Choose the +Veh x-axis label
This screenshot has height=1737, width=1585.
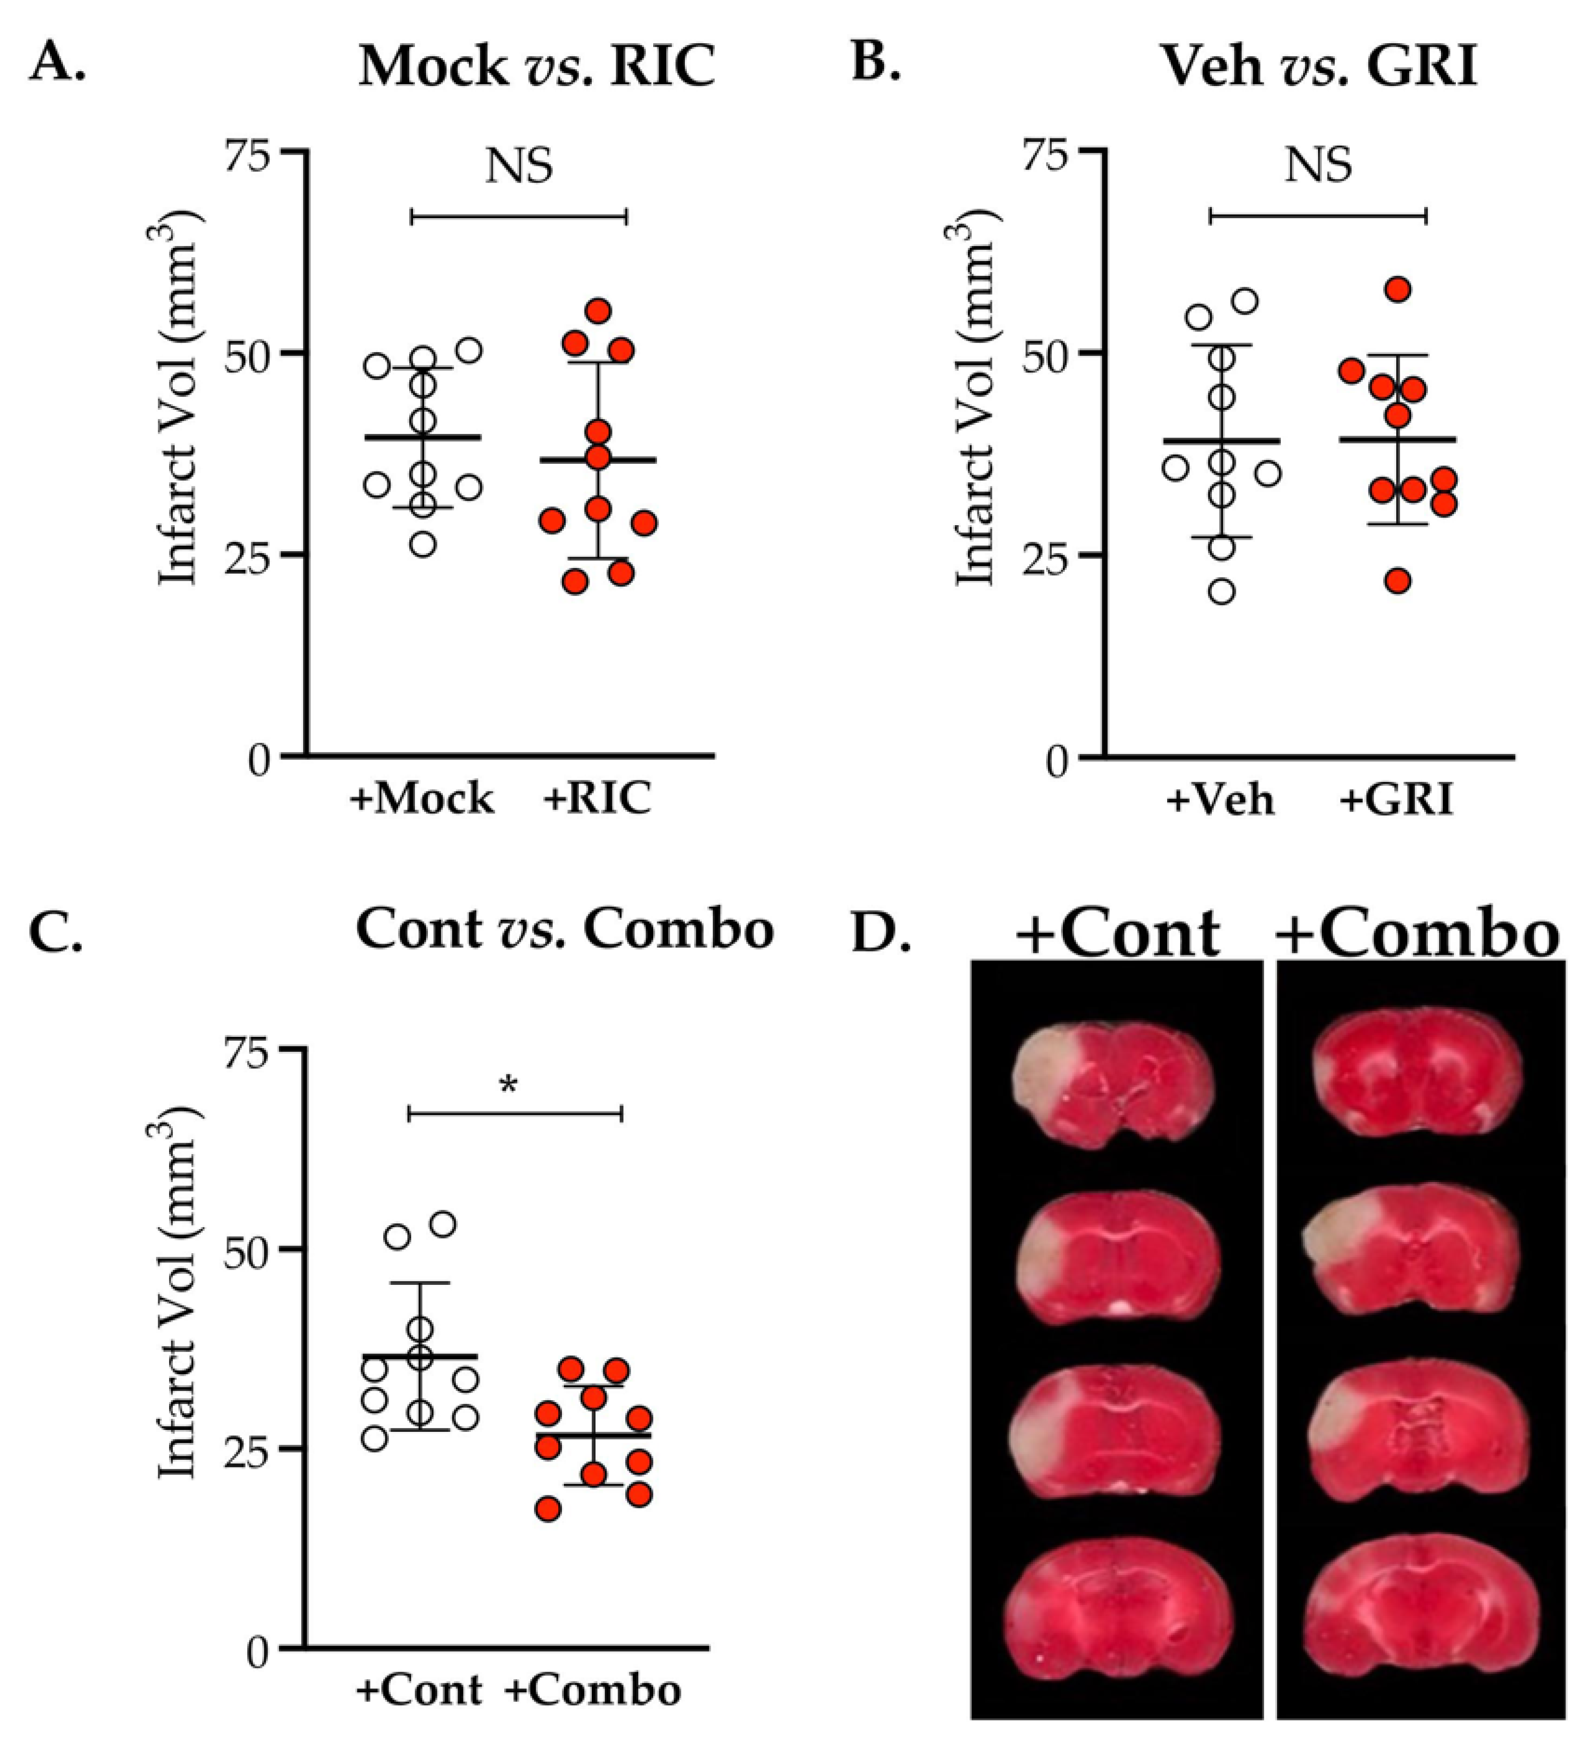1220,799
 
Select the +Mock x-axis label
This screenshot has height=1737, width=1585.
421,799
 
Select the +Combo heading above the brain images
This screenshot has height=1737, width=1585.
1417,933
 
